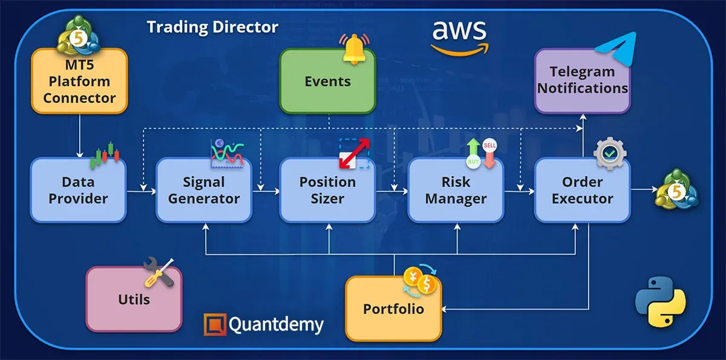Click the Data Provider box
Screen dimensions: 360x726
(78, 190)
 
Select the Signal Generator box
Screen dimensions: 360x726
(204, 190)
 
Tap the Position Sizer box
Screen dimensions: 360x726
(327, 190)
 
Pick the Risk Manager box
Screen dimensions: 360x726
(456, 190)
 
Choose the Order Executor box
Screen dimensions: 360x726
(582, 190)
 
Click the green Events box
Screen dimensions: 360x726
(327, 82)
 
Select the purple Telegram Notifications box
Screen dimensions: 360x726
(582, 80)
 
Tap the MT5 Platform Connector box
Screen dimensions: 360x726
(79, 81)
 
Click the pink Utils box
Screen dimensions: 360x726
(134, 299)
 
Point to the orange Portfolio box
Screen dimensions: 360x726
(393, 309)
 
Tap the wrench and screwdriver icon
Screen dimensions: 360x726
(159, 273)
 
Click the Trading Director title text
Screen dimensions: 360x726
(212, 27)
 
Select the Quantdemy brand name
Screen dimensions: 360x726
(276, 325)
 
